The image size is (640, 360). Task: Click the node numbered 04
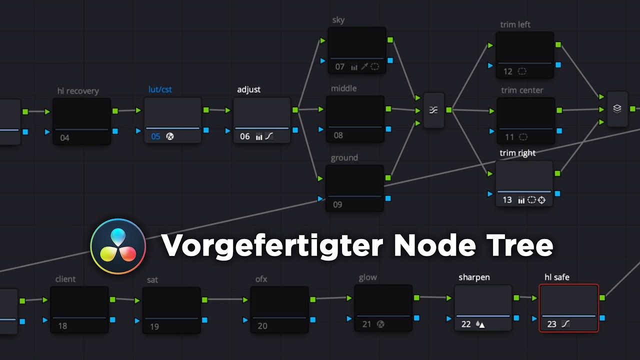point(81,121)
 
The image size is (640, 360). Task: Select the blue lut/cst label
point(160,89)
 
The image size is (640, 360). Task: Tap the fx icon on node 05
point(170,136)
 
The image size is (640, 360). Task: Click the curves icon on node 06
point(269,136)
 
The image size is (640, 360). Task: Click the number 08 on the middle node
point(338,135)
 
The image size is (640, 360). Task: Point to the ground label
point(344,158)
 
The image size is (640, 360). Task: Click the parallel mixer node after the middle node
point(433,110)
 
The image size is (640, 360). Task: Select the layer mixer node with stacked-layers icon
point(617,108)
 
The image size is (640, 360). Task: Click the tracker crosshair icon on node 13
point(541,200)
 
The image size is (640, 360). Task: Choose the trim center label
point(522,90)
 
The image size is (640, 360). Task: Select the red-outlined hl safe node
point(568,307)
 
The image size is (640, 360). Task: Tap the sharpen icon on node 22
point(480,324)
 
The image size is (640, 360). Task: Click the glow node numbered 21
point(383,307)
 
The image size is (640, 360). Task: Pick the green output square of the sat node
point(204,300)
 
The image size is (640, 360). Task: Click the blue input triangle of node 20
point(245,320)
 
